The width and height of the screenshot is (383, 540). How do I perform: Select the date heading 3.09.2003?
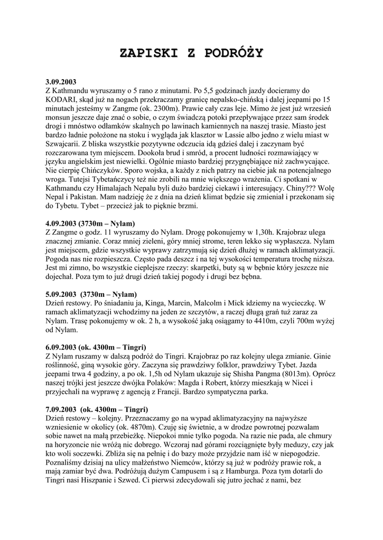point(61,82)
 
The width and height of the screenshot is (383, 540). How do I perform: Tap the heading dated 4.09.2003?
point(90,223)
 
